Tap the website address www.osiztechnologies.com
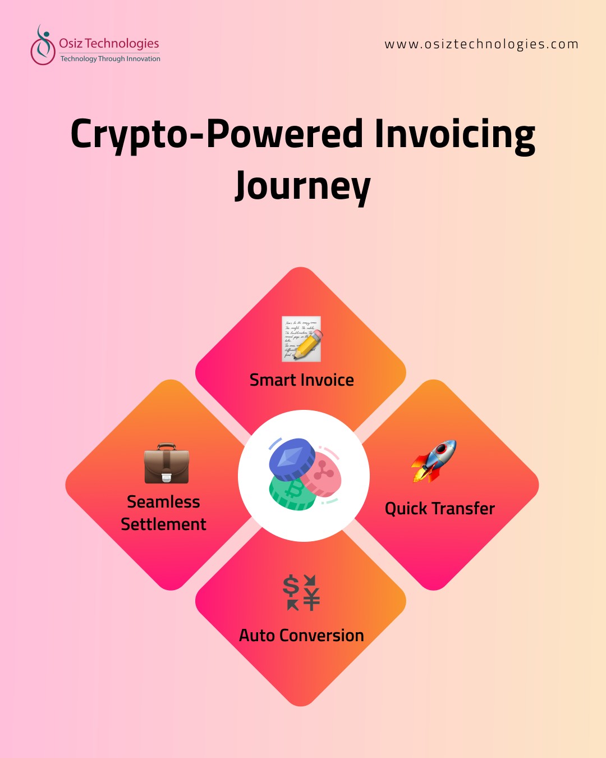481,44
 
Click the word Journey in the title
303,185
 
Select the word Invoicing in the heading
454,135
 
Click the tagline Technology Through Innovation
111,59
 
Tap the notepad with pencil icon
301,339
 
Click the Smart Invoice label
302,380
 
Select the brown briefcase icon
166,464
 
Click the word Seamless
163,501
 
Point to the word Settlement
163,524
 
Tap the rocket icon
434,461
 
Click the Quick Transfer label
440,509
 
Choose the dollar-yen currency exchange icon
301,592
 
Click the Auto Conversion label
301,636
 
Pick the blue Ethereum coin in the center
292,458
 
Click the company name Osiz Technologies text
109,43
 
